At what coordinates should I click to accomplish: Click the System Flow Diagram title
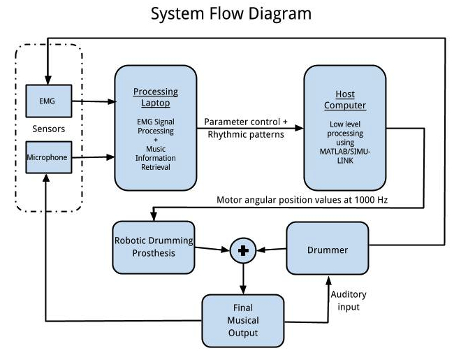click(231, 13)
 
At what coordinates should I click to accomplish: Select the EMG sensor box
click(47, 101)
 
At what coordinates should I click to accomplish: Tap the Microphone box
click(47, 157)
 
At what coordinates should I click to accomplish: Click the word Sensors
click(48, 129)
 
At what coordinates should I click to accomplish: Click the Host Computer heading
click(344, 101)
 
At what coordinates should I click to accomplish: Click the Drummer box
click(328, 250)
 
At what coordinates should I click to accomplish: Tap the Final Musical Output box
click(243, 320)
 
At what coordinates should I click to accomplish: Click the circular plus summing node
click(243, 250)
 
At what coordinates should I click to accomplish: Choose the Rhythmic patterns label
click(246, 135)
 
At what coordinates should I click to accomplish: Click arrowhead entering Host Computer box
click(300, 128)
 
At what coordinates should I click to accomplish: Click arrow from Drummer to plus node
click(271, 250)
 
